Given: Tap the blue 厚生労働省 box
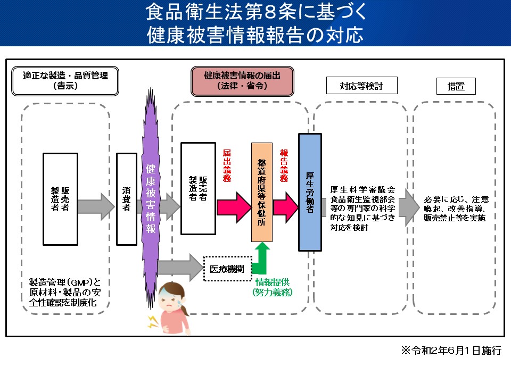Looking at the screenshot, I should [310, 191].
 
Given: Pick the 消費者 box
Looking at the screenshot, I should [127, 199].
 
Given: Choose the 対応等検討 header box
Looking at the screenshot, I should [361, 85].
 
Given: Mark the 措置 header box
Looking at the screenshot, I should [456, 86].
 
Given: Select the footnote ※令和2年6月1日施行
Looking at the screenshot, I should [451, 351].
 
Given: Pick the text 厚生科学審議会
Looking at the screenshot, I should [362, 189].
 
